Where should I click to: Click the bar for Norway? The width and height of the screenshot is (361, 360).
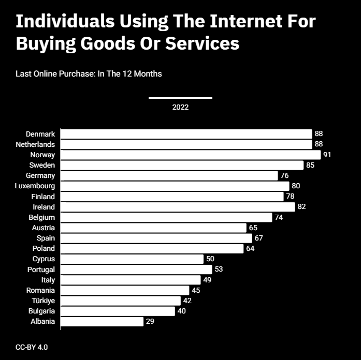coord(191,155)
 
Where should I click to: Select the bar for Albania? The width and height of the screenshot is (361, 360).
coord(102,321)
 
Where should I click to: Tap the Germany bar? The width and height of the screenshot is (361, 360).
coord(169,176)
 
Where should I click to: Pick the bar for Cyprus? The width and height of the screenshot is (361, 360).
coord(132,259)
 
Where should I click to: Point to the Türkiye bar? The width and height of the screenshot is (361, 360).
coord(120,301)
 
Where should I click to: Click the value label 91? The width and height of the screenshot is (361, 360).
coord(327,155)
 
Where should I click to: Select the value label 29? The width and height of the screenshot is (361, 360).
coord(150,321)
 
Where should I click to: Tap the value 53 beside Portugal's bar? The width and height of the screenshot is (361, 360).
coord(219,269)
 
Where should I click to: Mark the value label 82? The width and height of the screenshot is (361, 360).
coord(301,207)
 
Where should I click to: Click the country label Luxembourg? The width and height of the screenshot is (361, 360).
coord(35,186)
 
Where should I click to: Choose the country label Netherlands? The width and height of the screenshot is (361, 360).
coord(35,144)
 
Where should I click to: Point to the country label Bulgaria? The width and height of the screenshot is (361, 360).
coord(41,311)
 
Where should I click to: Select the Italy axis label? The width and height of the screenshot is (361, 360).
coord(48,280)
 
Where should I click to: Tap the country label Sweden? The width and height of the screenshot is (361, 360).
coord(42,165)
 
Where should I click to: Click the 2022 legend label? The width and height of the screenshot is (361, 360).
coord(180,107)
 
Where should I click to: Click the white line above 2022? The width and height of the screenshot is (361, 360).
coord(180,98)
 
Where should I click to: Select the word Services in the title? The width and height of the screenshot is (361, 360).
coord(203,43)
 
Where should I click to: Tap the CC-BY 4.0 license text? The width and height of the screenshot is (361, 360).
coord(32,347)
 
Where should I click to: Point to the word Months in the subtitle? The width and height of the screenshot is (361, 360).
coord(148,74)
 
